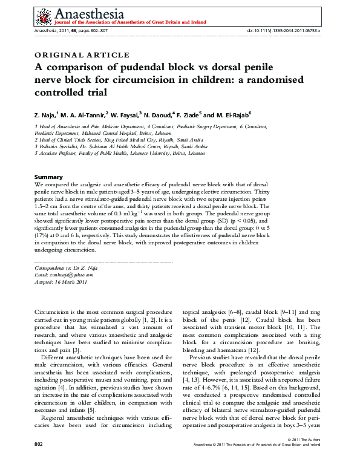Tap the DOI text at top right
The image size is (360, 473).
pyautogui.click(x=284, y=30)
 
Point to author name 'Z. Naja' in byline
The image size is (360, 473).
pyautogui.click(x=47, y=113)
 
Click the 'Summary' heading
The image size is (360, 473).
pyautogui.click(x=48, y=176)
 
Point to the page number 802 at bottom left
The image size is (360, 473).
pyautogui.click(x=40, y=461)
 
